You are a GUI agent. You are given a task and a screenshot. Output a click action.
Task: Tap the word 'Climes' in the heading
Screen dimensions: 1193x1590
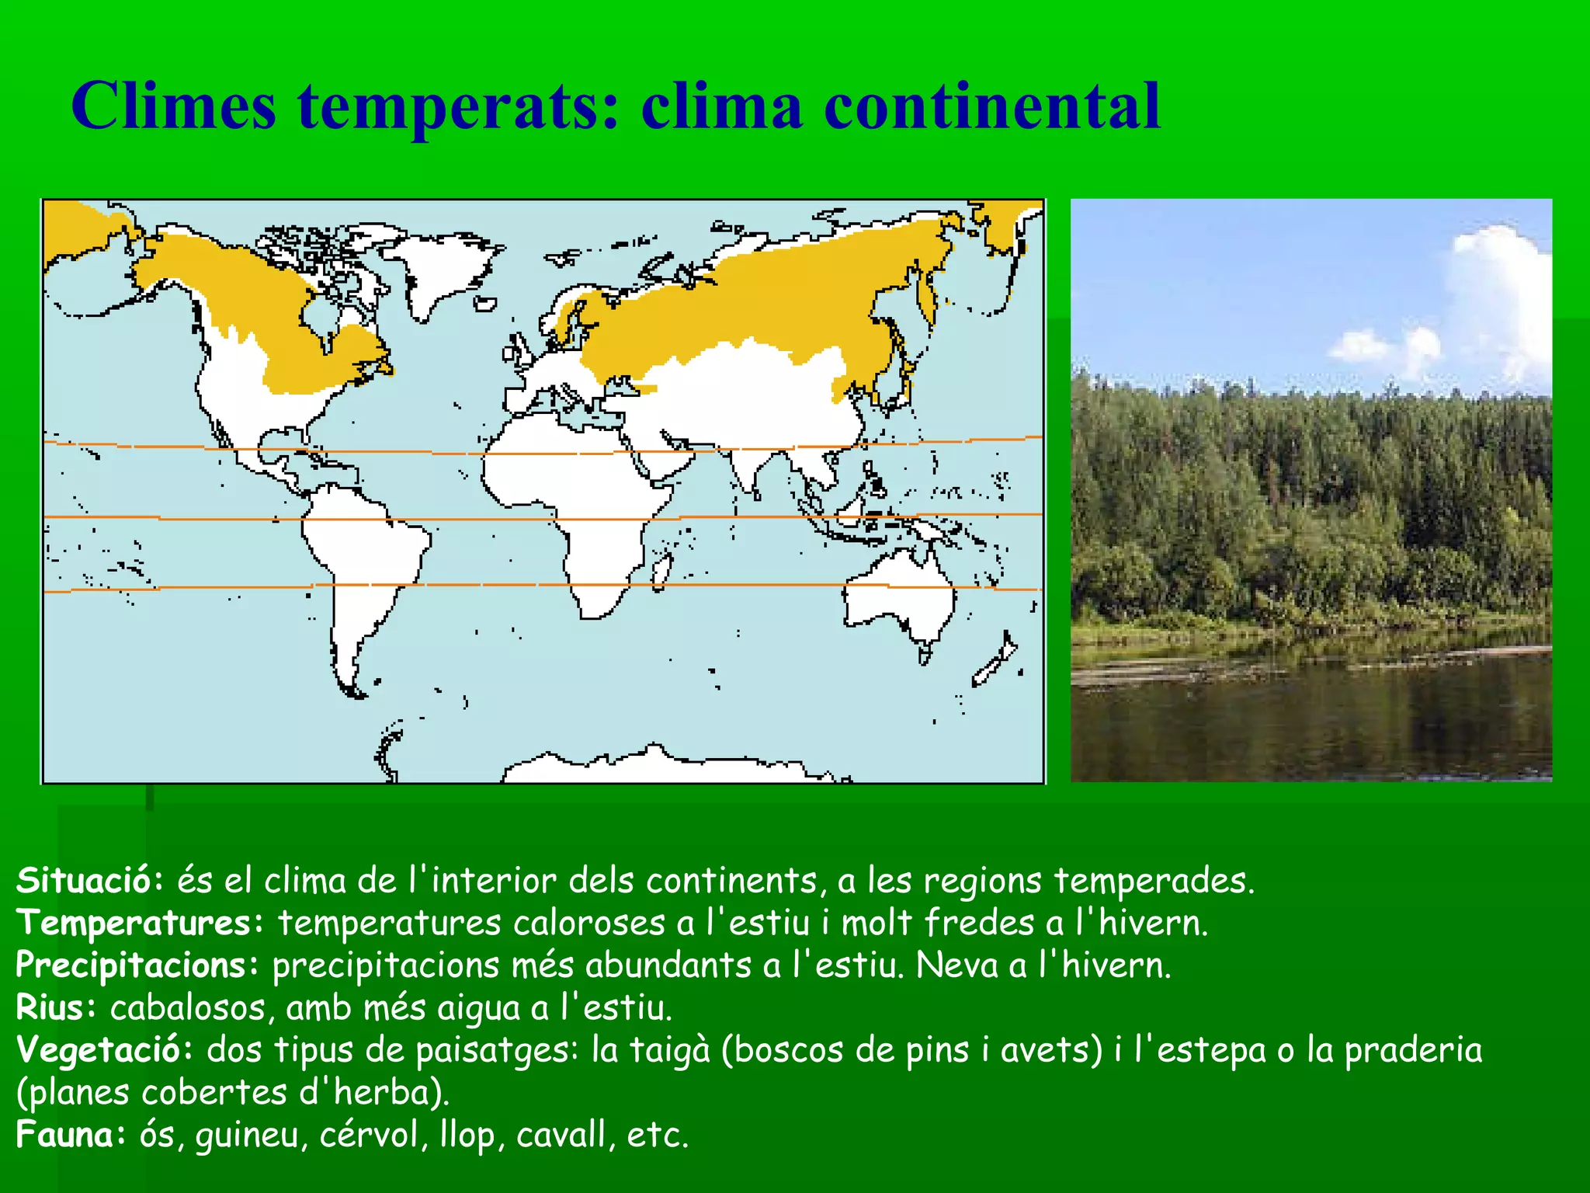pos(173,106)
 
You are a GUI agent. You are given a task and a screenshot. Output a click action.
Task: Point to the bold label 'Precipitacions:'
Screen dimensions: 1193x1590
pos(137,965)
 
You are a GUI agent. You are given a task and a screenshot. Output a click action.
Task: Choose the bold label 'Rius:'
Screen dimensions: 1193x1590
pos(56,1007)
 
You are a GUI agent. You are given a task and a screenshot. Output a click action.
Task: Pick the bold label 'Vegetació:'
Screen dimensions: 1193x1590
pos(104,1050)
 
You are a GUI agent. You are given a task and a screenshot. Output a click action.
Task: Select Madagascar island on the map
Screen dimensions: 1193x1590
pos(662,571)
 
